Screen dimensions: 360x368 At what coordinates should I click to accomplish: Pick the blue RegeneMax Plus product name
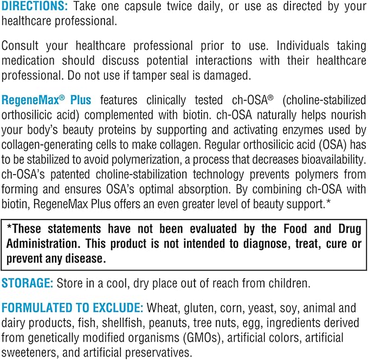point(46,100)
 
